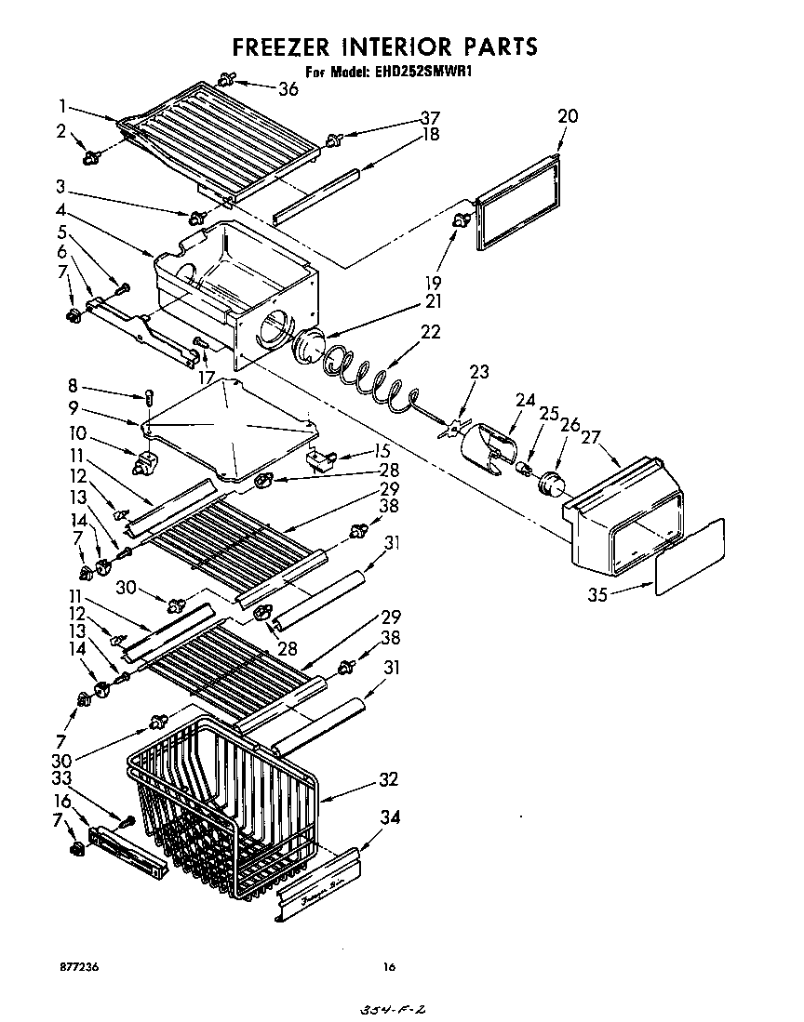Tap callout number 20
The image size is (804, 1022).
[568, 116]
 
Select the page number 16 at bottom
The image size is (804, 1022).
[389, 967]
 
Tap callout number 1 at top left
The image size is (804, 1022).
[62, 105]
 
